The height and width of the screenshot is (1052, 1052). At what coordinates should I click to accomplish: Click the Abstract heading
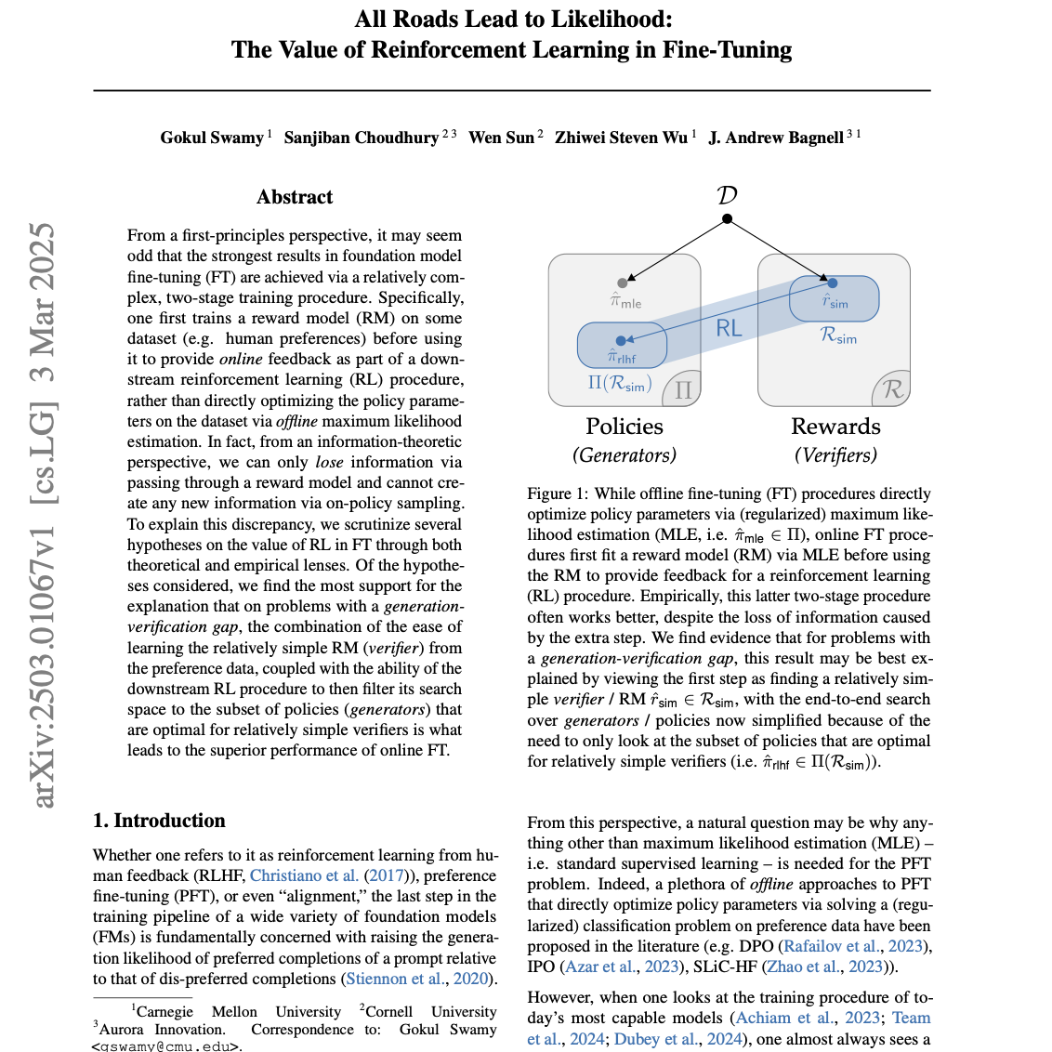(295, 197)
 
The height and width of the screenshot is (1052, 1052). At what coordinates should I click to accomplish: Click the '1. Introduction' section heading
(159, 821)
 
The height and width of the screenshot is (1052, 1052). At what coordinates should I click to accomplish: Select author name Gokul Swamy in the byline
(212, 138)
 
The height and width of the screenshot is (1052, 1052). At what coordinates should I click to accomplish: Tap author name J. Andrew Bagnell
(776, 138)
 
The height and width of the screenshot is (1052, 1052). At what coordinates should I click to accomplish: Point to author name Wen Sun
(502, 138)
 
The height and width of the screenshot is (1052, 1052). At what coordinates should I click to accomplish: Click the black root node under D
(728, 219)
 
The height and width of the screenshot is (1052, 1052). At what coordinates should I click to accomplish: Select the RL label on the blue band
(729, 327)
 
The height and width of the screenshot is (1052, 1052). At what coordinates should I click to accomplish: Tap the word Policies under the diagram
(625, 427)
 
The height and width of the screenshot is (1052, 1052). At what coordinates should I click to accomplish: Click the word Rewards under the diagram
(835, 427)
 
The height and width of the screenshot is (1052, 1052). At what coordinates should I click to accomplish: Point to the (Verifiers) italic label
(835, 454)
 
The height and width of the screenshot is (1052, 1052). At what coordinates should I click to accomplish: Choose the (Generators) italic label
(625, 454)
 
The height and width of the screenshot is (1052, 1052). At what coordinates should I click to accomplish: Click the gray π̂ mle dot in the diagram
(623, 283)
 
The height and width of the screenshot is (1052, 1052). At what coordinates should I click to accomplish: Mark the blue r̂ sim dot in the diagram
(832, 283)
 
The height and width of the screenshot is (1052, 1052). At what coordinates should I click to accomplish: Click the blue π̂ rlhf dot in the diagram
(621, 341)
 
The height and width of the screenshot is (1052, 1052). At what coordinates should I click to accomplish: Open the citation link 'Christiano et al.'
(304, 875)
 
